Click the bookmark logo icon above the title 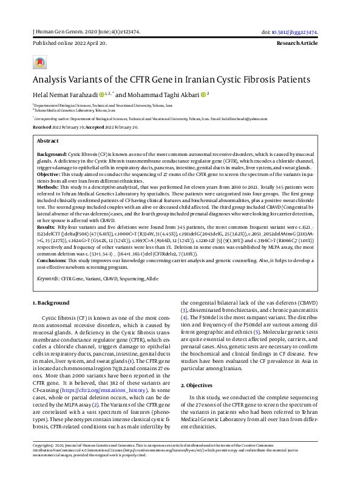point(39,63)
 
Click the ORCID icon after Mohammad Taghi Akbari point(203,95)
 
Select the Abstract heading point(48,140)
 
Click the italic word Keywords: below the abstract point(48,279)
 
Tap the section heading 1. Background point(53,303)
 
